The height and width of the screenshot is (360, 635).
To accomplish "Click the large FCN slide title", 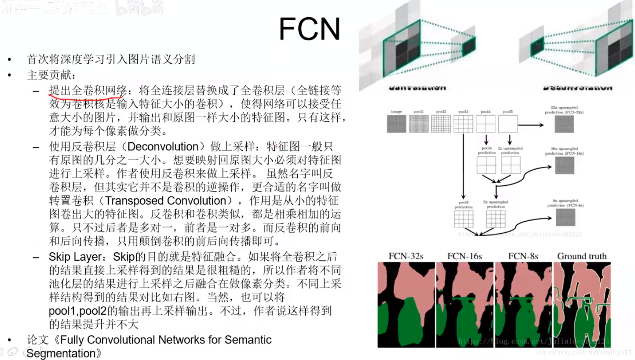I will click(310, 29).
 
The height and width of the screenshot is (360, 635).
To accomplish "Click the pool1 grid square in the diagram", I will click(419, 124).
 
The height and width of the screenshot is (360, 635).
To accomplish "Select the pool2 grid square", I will click(441, 124).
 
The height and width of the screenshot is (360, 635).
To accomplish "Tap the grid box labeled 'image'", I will click(396, 124).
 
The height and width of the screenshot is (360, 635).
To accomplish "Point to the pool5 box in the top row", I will click(508, 124).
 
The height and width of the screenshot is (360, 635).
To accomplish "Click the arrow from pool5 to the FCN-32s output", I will click(531, 125).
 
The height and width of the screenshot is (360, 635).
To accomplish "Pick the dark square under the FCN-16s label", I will click(565, 165).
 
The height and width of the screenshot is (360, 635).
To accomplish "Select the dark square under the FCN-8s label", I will click(565, 217).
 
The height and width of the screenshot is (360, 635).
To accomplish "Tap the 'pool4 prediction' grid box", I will click(486, 165).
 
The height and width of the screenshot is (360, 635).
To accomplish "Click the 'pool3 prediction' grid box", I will click(463, 219).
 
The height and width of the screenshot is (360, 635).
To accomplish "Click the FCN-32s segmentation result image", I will click(406, 305).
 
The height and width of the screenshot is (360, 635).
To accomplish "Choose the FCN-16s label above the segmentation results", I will click(464, 256).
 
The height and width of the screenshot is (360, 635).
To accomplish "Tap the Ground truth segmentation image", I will click(582, 305).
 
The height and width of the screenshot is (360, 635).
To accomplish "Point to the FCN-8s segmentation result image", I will click(523, 305).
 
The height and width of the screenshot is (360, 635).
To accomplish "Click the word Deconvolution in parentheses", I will click(163, 146).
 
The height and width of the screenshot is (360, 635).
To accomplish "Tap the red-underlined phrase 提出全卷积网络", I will click(88, 91).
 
